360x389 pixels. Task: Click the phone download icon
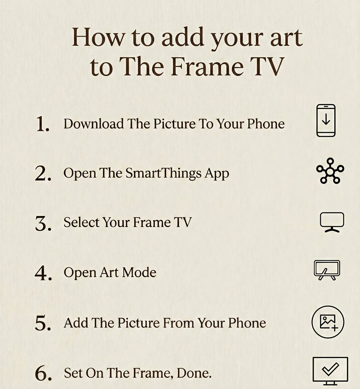click(x=326, y=121)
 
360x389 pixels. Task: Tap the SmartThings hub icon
click(x=330, y=171)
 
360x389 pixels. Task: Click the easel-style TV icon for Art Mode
click(x=327, y=270)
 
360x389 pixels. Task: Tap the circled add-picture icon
click(x=328, y=322)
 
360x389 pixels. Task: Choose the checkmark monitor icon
click(x=330, y=370)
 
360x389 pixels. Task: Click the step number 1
click(x=43, y=125)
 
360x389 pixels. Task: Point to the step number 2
click(x=43, y=174)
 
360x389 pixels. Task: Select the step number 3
click(x=43, y=223)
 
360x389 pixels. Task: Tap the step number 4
click(x=43, y=273)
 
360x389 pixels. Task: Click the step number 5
click(x=43, y=324)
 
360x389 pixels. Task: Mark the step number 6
click(x=43, y=374)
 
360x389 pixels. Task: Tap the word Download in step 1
click(x=94, y=124)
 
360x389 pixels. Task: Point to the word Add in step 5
click(x=74, y=323)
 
